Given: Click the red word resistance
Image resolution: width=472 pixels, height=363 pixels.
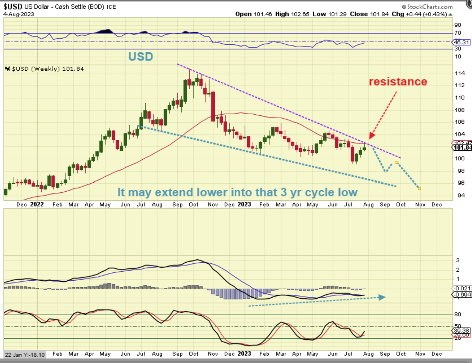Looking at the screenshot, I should pos(398,82).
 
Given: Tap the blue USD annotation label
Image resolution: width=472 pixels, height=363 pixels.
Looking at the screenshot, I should pos(140,57).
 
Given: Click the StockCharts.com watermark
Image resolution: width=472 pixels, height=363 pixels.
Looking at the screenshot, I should pos(427,6).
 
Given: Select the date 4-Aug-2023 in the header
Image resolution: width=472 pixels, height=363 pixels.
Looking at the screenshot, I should pos(19,14).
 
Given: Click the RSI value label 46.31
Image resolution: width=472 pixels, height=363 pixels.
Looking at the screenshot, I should pos(461,42).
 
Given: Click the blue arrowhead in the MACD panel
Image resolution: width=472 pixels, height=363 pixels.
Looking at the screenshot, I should pos(382,297).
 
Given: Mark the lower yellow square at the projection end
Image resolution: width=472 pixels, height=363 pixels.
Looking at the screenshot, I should pos(419,188).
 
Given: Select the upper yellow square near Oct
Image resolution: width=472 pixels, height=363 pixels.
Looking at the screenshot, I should pos(397,162).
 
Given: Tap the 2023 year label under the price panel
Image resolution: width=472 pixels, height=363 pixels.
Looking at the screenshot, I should pos(244,204).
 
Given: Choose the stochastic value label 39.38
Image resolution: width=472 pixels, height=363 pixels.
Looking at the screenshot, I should pos(461,330).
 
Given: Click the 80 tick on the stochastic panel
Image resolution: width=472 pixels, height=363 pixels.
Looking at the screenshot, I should pos(458,314).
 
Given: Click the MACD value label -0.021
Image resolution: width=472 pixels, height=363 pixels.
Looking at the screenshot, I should pos(462,288).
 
